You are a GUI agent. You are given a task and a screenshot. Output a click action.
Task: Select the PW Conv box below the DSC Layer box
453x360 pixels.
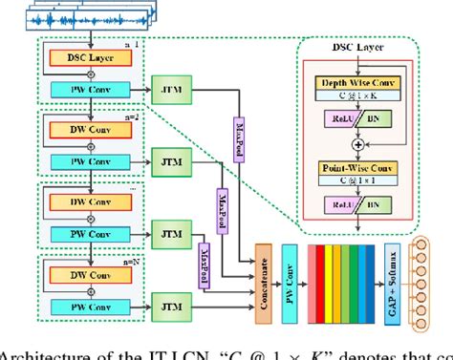[90, 92]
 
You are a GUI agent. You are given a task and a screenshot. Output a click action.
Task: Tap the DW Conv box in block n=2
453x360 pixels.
[90, 129]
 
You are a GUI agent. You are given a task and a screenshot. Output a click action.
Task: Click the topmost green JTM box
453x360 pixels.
[172, 92]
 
